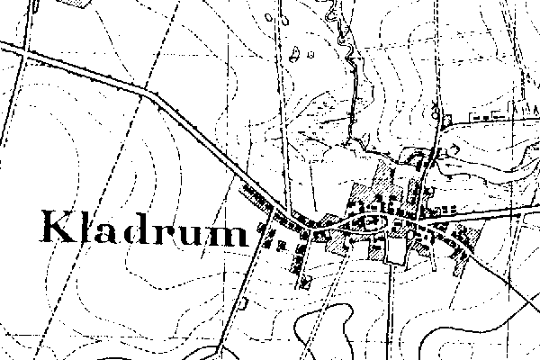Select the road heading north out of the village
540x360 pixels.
point(436,117)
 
